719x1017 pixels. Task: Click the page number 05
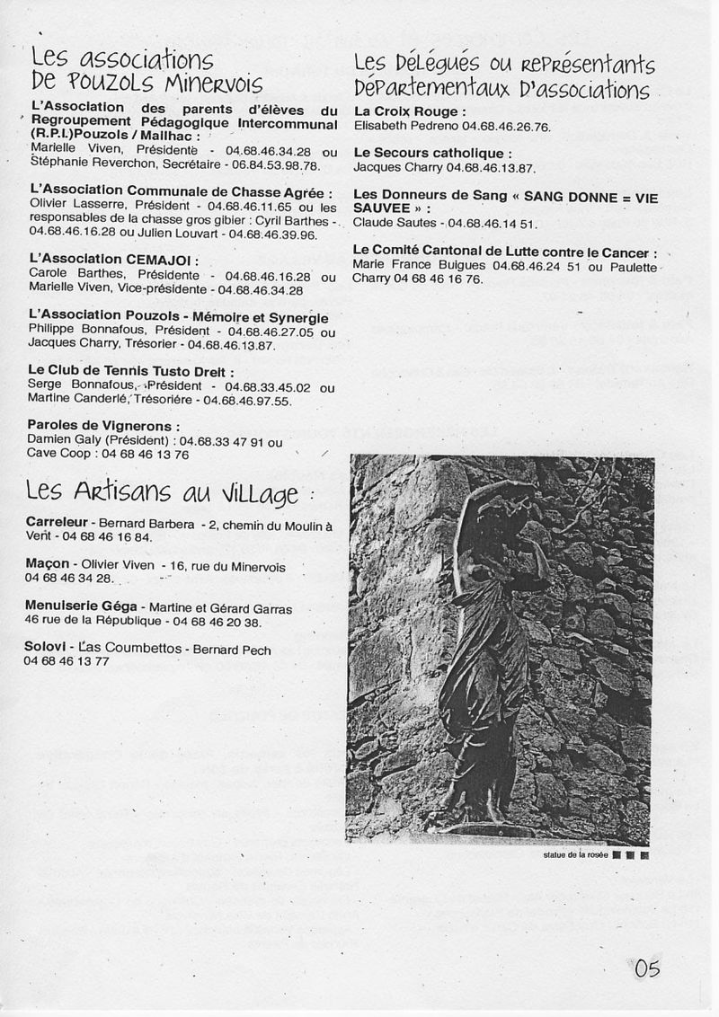click(x=647, y=968)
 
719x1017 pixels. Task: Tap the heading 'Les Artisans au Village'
click(x=161, y=493)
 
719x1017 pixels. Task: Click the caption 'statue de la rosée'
click(x=575, y=854)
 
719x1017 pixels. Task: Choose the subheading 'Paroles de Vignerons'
click(x=103, y=426)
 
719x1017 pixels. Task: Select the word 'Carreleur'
click(x=56, y=522)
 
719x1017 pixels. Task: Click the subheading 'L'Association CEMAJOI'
click(x=113, y=261)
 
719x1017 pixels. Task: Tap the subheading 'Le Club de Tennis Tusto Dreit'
click(x=131, y=372)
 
